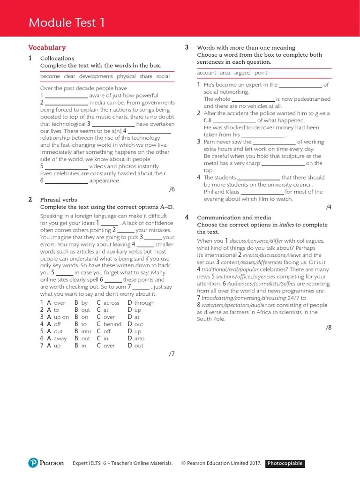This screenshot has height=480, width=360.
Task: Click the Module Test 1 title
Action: pyautogui.click(x=67, y=22)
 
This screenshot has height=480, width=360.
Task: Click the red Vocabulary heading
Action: pyautogui.click(x=47, y=47)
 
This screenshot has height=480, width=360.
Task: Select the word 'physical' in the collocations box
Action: pyautogui.click(x=126, y=76)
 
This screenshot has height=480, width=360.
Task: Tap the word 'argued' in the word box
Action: pyautogui.click(x=242, y=73)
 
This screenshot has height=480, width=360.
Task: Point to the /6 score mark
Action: pyautogui.click(x=172, y=189)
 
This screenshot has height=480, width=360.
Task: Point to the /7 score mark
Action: pyautogui.click(x=172, y=354)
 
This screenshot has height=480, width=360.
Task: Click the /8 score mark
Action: pyautogui.click(x=329, y=328)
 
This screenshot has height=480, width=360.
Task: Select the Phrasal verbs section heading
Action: pyautogui.click(x=58, y=200)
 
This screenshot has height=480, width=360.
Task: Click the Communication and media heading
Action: pyautogui.click(x=234, y=217)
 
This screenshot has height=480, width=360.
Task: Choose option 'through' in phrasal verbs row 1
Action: pyautogui.click(x=144, y=303)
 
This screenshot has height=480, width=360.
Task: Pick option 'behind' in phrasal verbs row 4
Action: pyautogui.click(x=112, y=324)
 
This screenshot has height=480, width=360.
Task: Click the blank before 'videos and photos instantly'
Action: pyautogui.click(x=66, y=167)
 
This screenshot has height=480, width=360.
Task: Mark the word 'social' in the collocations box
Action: pyautogui.click(x=163, y=76)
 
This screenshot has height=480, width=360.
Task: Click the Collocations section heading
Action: pyautogui.click(x=57, y=59)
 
